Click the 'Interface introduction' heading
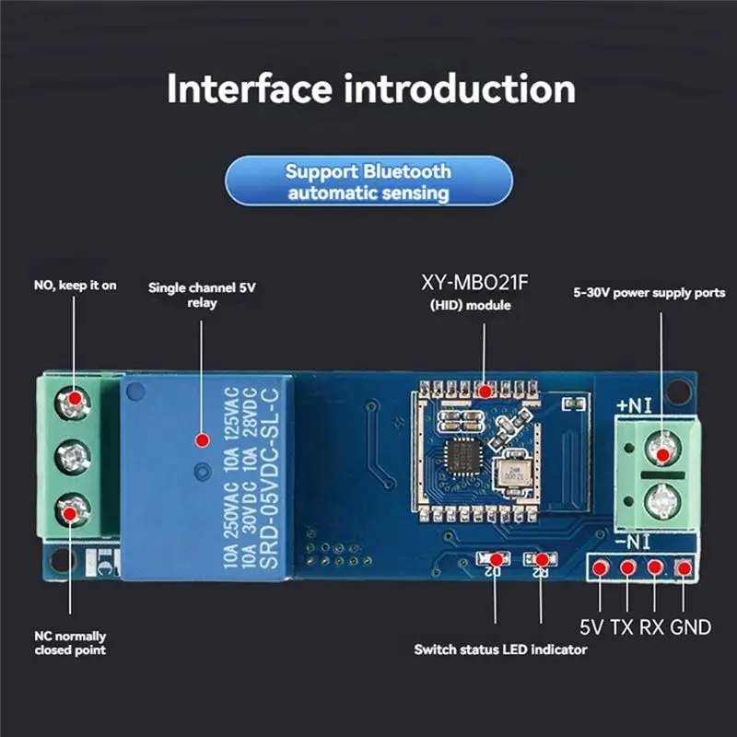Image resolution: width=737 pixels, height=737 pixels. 371,88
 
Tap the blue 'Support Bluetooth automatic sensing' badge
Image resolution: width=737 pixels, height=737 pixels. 369,181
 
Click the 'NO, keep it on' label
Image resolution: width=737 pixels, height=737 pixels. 76,286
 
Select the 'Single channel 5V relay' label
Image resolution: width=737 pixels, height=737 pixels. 202,295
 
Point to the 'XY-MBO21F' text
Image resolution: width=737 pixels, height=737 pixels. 474,283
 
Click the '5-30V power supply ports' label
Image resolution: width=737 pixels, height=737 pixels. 649,292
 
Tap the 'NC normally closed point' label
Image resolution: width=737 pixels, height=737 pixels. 71,643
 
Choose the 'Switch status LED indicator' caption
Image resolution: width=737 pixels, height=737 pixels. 500,649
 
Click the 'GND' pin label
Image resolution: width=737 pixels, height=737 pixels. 690,627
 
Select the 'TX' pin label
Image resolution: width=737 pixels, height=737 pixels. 622,627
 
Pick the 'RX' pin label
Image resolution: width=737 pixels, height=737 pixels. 651,627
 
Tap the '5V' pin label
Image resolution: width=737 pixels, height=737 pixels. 591,627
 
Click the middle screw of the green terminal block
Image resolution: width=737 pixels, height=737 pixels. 73,457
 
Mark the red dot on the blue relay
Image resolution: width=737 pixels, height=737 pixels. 203,440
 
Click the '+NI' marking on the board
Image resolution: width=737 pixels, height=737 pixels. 634,405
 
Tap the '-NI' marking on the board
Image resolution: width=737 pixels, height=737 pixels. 633,543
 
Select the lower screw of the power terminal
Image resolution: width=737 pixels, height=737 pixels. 662,501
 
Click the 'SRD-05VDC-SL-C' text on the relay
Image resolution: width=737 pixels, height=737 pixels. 269,477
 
